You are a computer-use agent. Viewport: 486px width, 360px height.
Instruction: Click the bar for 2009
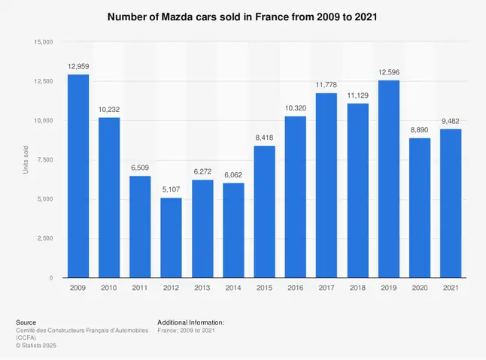(78, 176)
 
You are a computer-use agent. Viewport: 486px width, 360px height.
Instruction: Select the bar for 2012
(171, 237)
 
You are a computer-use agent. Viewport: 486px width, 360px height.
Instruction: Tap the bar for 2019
(388, 179)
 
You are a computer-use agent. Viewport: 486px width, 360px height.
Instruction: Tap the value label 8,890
(420, 132)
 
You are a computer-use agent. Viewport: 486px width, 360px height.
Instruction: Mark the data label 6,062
(233, 176)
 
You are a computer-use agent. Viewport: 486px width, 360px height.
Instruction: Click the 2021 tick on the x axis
(451, 288)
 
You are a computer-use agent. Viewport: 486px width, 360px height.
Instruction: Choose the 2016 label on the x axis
(295, 288)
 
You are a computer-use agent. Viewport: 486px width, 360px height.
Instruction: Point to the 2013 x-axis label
(202, 288)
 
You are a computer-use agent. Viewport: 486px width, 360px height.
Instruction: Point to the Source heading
(26, 322)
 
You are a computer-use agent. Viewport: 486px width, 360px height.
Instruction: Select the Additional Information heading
(191, 322)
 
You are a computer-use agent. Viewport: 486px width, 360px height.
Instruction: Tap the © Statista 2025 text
(36, 345)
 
